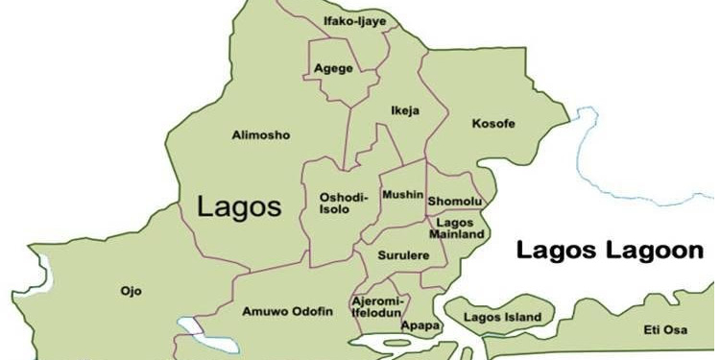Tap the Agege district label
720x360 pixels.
(x=333, y=68)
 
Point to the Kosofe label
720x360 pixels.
(x=493, y=124)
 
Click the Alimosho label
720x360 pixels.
(x=260, y=135)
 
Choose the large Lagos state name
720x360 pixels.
(x=239, y=205)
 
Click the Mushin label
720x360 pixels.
(x=402, y=195)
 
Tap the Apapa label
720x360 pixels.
(x=420, y=325)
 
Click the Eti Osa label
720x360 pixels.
(x=665, y=329)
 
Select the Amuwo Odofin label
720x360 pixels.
(x=287, y=311)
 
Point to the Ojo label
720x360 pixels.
(x=130, y=289)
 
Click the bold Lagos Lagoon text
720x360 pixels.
(x=610, y=252)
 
